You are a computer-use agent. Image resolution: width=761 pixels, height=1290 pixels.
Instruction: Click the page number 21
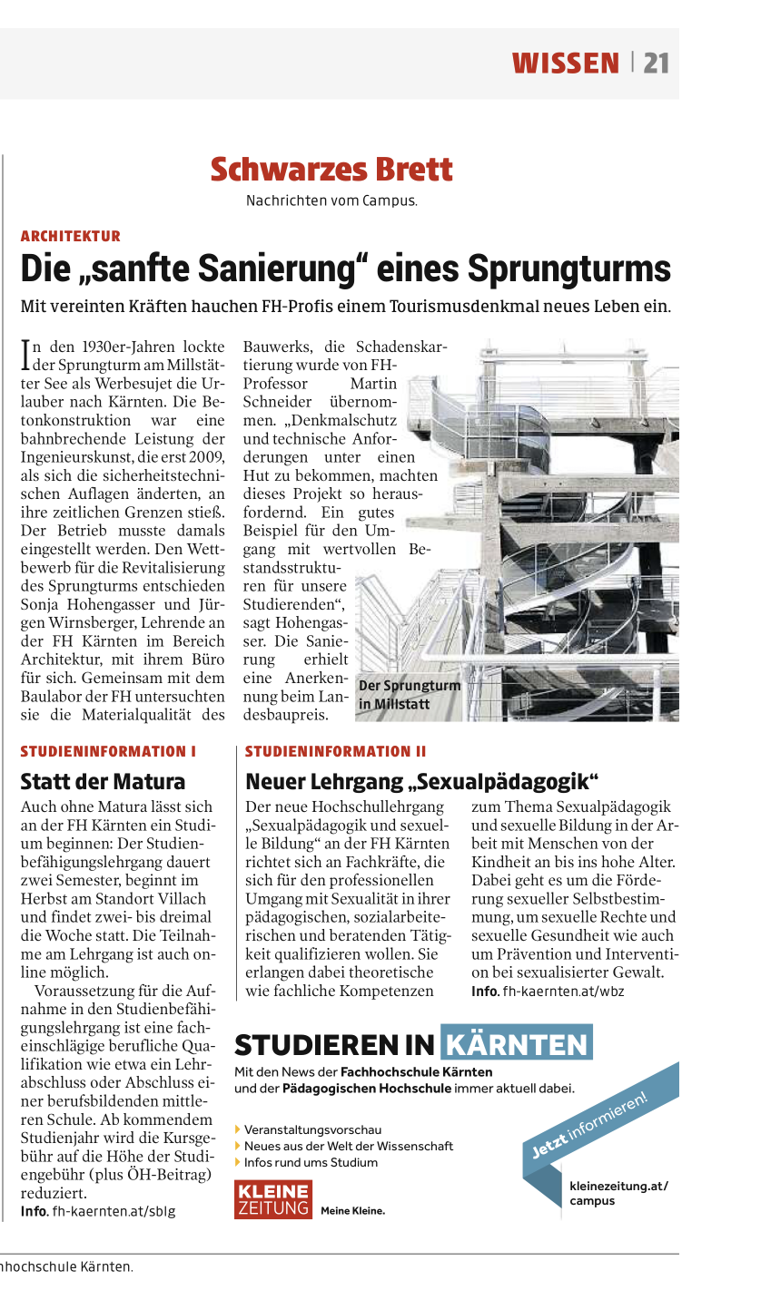656,63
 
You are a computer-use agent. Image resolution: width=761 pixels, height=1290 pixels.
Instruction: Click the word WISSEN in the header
565,63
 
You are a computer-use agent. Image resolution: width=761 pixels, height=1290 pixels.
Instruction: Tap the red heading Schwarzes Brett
331,170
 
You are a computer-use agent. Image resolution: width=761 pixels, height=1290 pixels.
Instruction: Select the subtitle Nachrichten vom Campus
331,200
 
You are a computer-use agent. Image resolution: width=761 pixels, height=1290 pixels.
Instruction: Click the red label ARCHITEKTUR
71,236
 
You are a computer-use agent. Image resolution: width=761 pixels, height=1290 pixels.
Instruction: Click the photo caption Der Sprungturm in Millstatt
409,694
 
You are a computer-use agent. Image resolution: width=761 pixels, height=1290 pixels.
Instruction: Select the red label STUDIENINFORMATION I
109,751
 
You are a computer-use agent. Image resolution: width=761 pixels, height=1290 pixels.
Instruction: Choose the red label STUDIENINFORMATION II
335,751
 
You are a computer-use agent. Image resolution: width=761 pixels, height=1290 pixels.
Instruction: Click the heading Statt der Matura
103,781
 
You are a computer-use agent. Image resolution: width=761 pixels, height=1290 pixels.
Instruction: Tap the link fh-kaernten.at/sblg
114,1211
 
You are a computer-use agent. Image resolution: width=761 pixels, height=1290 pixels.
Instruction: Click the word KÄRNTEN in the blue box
517,1044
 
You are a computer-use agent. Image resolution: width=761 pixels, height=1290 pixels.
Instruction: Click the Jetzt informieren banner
590,1122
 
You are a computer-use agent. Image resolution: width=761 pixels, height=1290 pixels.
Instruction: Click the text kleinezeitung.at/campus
618,1193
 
